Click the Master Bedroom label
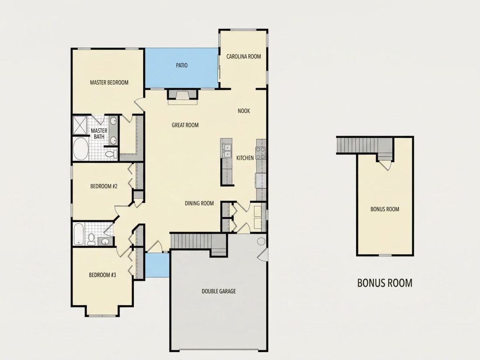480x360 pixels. pos(109,82)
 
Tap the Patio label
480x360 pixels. pos(182,65)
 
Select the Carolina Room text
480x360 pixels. pos(243,56)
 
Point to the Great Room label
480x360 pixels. pos(185,125)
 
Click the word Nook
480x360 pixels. pos(243,111)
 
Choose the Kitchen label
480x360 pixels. pos(245,158)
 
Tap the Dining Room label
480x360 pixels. pos(199,203)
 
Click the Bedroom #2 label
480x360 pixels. pos(104,186)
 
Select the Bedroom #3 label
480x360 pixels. pos(102,275)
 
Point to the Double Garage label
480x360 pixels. pos(219,291)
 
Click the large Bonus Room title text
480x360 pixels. pos(385,283)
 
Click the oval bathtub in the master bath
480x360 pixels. pos(80,149)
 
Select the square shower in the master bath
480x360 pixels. pos(79,125)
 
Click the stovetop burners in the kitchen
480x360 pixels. pos(261,153)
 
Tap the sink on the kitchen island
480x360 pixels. pos(226,150)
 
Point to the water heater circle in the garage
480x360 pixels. pos(261,241)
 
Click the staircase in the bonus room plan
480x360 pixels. pos(365,145)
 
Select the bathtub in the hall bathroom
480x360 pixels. pos(79,234)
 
